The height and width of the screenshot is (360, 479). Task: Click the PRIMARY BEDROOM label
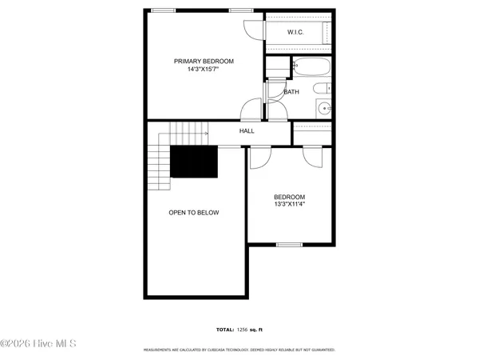204,61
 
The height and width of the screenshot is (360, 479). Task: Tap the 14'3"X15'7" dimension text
204,70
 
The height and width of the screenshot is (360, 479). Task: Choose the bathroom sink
324,108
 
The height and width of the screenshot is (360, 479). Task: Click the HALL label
247,131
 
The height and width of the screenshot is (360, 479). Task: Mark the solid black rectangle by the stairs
195,162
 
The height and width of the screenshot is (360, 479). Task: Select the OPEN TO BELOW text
193,213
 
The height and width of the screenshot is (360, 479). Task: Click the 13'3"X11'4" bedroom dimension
290,204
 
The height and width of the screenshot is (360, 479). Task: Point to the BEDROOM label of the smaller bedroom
290,196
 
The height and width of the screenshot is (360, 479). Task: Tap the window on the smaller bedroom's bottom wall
288,243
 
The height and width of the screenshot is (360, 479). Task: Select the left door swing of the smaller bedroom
260,158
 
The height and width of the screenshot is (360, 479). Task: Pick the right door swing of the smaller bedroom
313,158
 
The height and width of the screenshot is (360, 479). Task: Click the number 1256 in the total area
243,330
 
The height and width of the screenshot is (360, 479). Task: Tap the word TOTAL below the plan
224,330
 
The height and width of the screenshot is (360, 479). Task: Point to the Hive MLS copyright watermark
38,344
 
